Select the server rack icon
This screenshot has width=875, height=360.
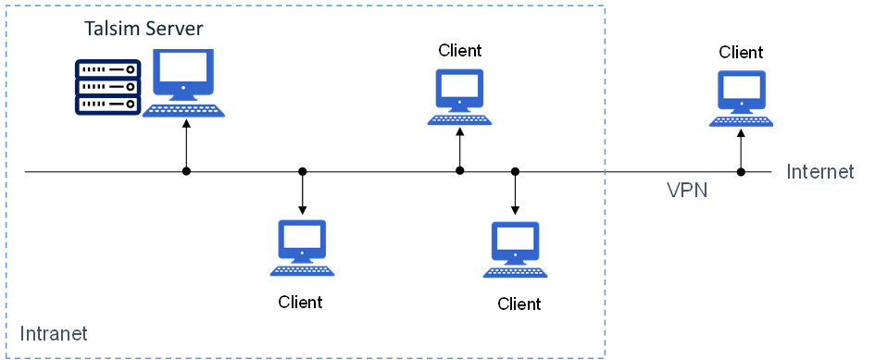click(107, 87)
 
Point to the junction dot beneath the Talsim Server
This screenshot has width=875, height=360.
click(186, 171)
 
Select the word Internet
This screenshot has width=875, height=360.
click(820, 171)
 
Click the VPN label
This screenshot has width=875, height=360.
click(687, 190)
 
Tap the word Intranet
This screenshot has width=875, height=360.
click(53, 332)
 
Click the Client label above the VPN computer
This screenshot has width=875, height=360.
click(742, 52)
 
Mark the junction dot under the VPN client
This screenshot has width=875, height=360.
click(741, 171)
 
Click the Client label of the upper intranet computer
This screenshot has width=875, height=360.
click(460, 50)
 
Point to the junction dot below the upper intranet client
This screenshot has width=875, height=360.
click(460, 171)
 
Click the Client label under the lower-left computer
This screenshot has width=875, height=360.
click(301, 302)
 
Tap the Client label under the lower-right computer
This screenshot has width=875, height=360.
click(519, 304)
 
